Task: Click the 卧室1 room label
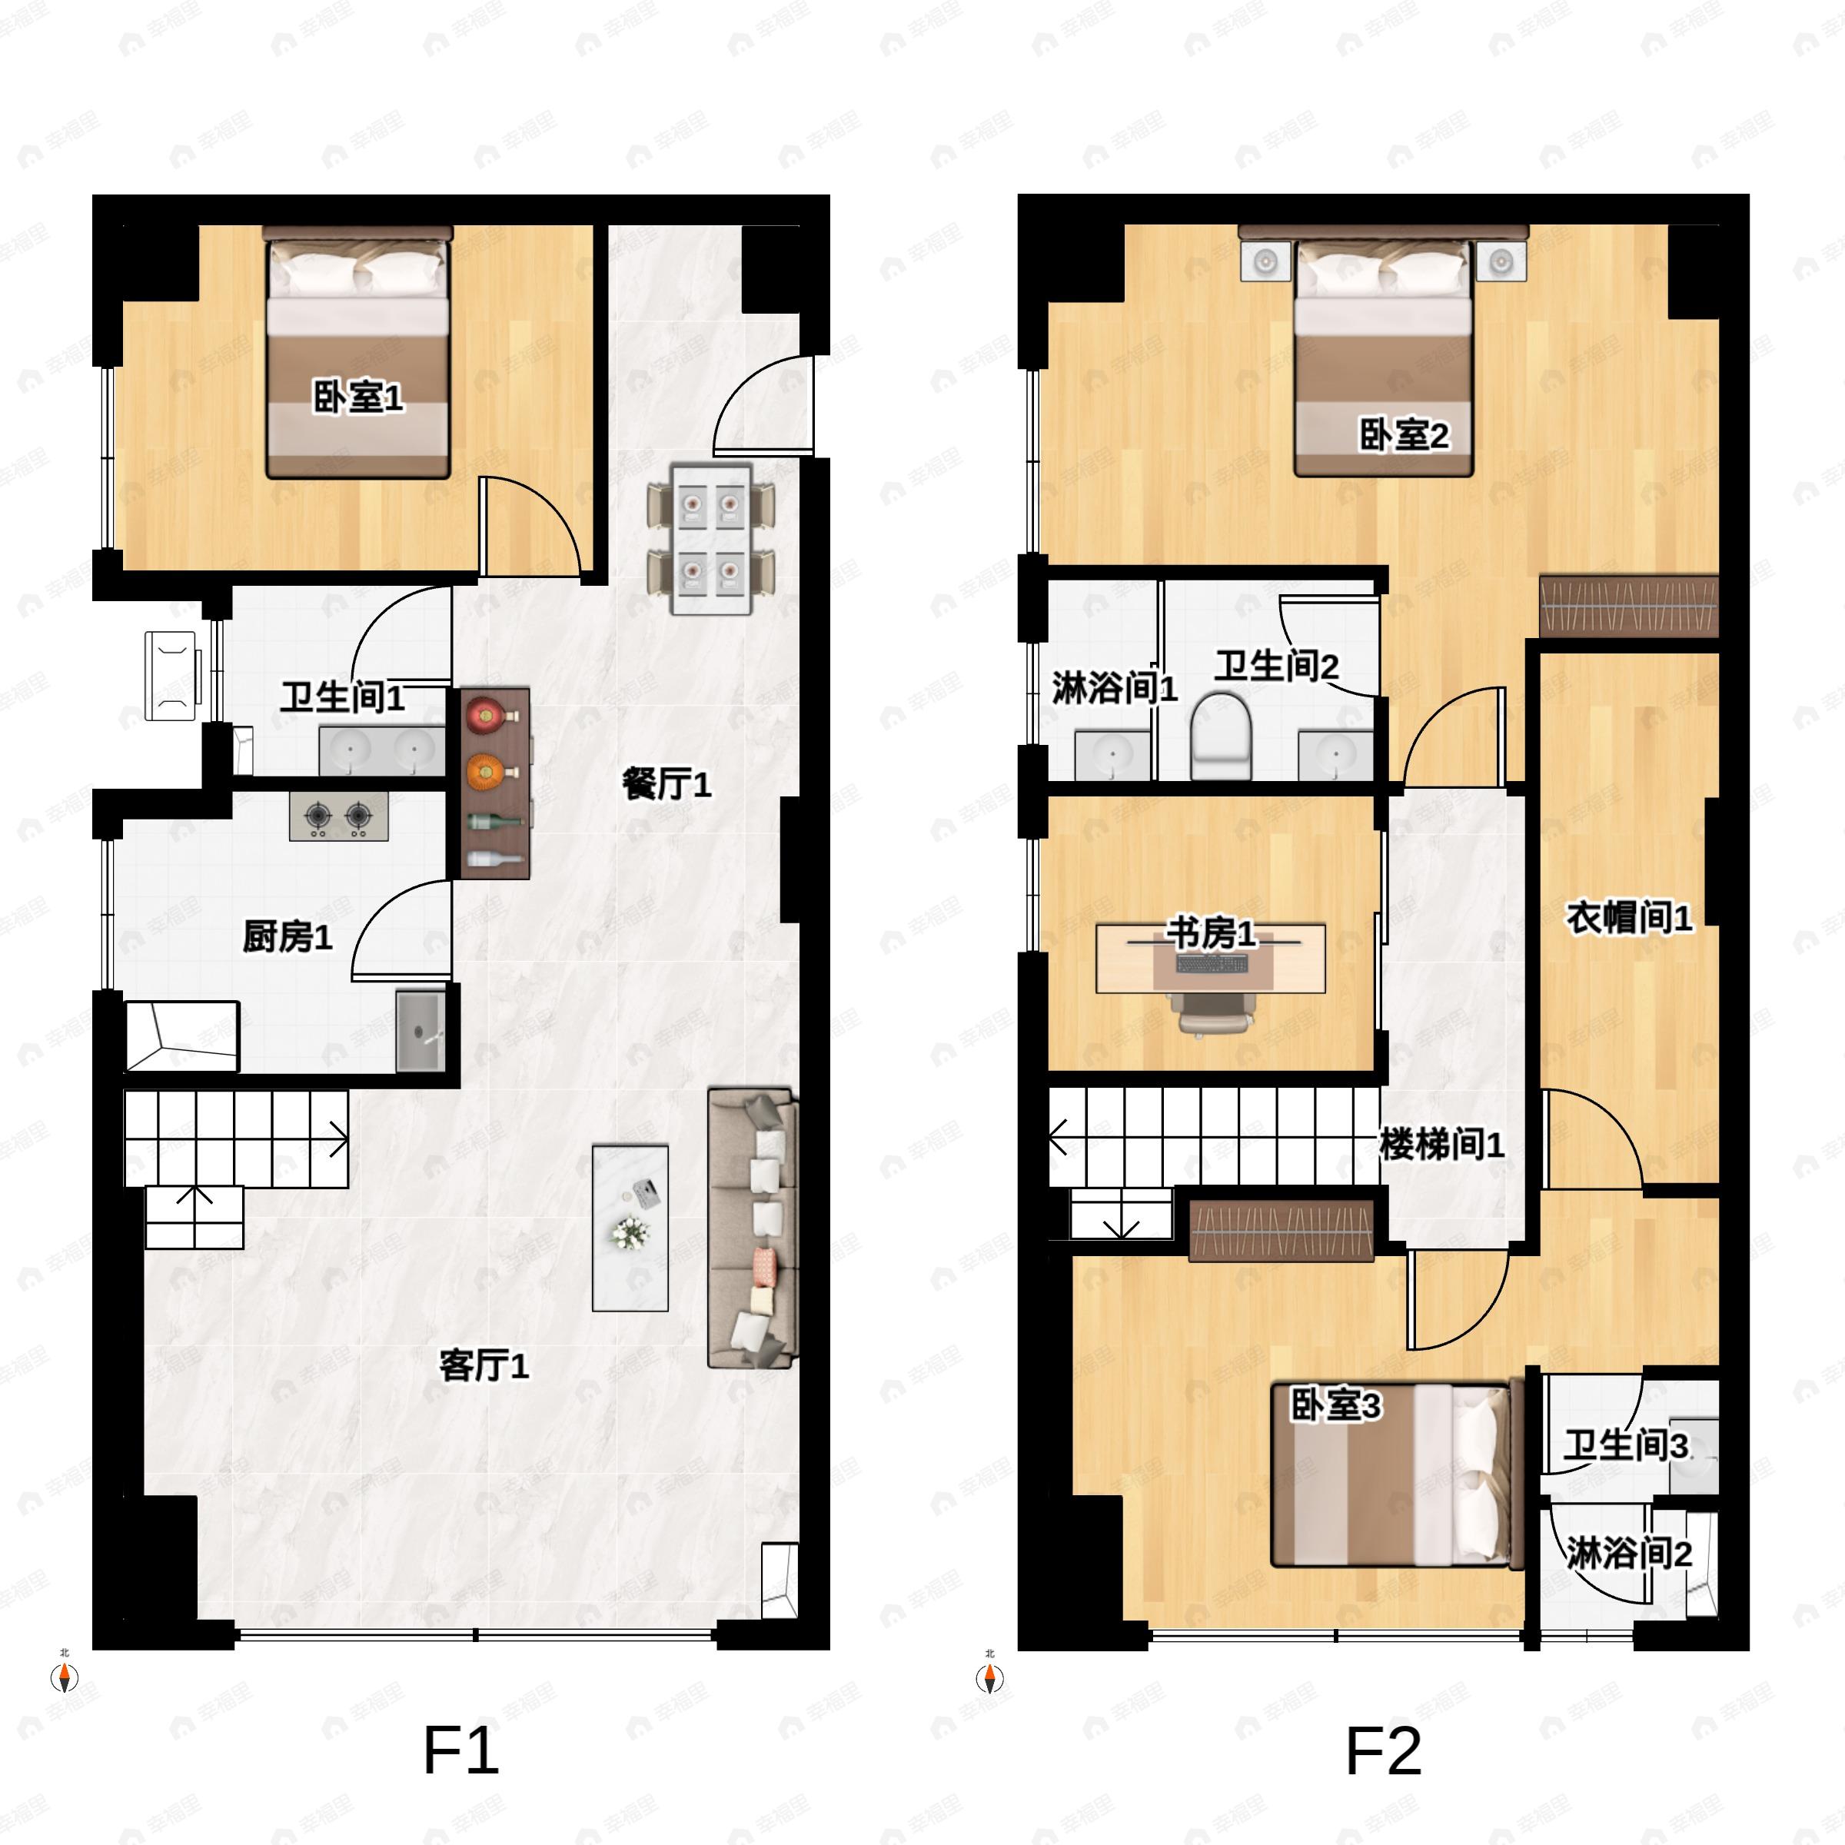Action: [x=358, y=397]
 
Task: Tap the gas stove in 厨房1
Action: [x=339, y=816]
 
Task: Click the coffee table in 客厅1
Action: [x=630, y=1227]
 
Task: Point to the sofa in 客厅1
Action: [x=752, y=1227]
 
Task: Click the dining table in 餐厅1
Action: [x=710, y=540]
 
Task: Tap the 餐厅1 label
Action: [x=667, y=785]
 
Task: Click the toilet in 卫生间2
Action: [x=1221, y=736]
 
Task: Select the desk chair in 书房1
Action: [x=1213, y=1012]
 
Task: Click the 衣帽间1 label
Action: [x=1628, y=918]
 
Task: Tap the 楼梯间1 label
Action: [x=1442, y=1143]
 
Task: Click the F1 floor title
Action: [x=460, y=1750]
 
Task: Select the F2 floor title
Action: [x=1383, y=1750]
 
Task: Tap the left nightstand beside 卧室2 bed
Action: [x=1265, y=260]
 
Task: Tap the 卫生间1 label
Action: [x=342, y=697]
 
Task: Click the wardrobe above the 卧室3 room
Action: [x=1281, y=1230]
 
